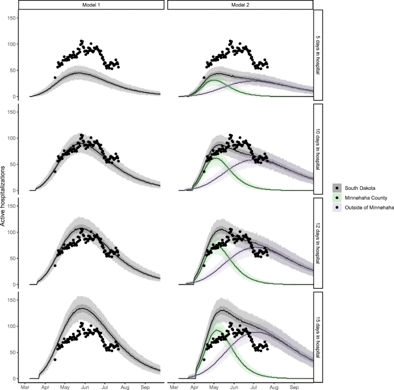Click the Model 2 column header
click(240, 5)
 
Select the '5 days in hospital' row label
click(319, 55)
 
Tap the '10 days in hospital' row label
click(319, 149)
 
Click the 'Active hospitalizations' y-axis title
click(5, 196)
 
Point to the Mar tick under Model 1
click(25, 386)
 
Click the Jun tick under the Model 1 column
click(85, 386)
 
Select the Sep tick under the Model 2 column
click(294, 386)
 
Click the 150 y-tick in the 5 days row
click(11, 18)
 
